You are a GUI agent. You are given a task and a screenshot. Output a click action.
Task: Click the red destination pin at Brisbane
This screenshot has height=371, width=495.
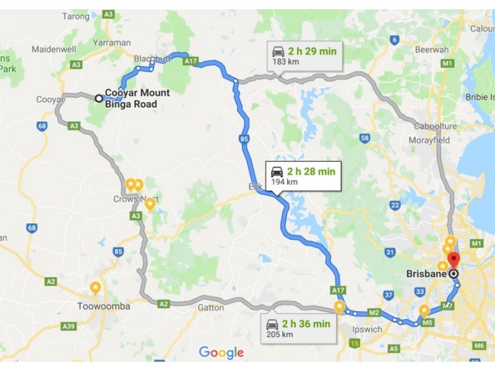click(454, 260)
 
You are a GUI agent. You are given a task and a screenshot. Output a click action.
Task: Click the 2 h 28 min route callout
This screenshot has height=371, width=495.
click(302, 175)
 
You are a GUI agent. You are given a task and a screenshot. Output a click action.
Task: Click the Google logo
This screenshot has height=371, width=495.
click(221, 353)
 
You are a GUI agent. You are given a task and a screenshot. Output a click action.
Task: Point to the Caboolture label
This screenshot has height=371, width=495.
click(436, 126)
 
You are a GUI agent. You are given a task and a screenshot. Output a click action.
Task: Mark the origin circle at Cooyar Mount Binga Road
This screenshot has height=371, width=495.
click(98, 98)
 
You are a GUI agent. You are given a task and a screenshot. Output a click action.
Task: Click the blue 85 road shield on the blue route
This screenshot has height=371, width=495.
click(244, 140)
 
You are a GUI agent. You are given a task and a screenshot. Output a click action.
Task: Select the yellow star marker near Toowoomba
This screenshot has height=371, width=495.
click(95, 288)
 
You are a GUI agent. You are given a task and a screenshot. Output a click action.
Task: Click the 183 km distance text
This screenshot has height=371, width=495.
click(283, 63)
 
